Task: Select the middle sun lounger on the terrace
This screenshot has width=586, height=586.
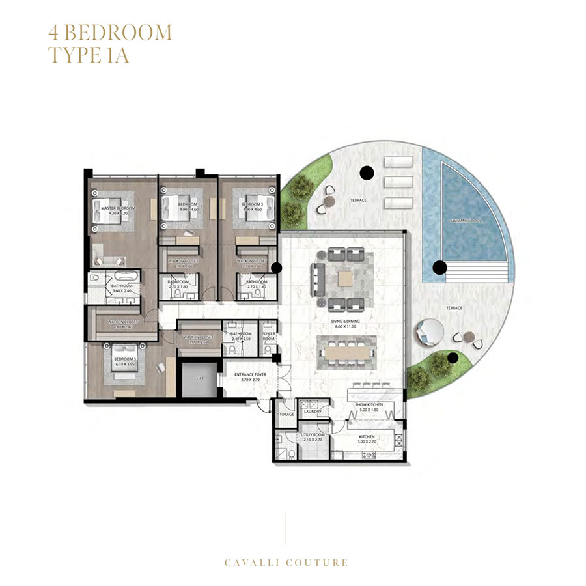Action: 398,180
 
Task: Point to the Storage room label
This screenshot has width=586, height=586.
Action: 285,413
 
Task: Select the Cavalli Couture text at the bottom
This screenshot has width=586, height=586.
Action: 286,563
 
